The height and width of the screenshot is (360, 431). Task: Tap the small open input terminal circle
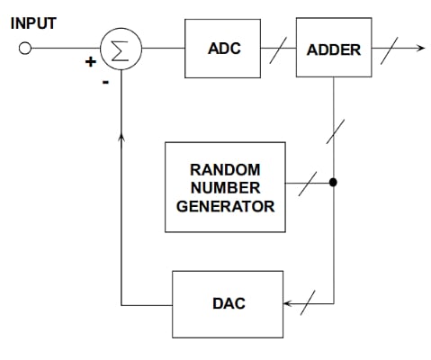coord(26,49)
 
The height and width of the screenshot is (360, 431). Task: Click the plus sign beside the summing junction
coord(90,63)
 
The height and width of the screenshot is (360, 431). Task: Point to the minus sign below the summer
coord(105,82)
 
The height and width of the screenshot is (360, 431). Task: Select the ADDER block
coord(333,48)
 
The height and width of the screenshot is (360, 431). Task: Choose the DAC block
coord(227,303)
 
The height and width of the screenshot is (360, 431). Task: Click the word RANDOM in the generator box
coord(225,168)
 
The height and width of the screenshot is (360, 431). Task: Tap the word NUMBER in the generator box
coord(225,187)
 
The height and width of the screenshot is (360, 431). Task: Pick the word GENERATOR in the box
coord(225,206)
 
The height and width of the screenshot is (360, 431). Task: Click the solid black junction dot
coord(333,182)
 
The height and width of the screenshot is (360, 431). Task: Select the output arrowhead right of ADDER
coord(418,48)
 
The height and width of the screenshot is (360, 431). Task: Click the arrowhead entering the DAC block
coord(289,303)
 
